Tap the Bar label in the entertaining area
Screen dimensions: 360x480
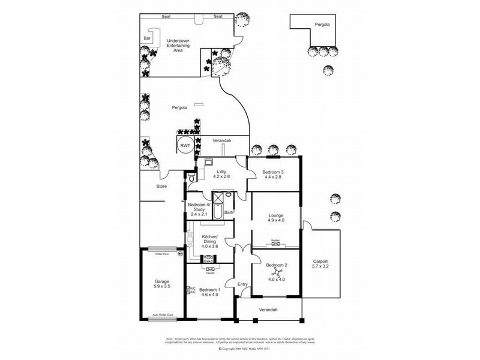coord(147,38)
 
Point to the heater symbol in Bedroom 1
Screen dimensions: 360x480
coord(210,269)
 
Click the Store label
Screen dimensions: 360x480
coord(161,187)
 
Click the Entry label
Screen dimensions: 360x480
coord(242,284)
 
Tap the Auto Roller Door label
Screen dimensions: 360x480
coord(162,315)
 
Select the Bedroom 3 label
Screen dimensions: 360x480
coord(273,172)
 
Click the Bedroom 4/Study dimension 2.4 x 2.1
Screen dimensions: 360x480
coord(198,214)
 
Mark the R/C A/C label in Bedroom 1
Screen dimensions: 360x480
coord(192,290)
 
